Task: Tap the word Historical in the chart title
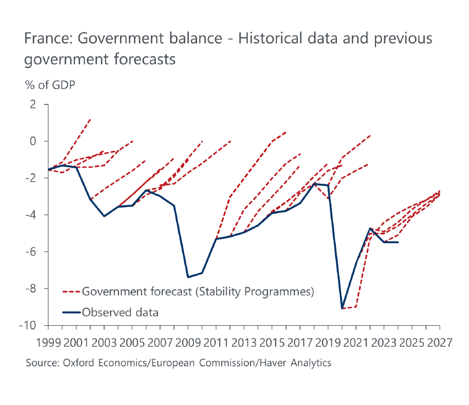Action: (x=270, y=39)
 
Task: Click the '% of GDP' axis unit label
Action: (x=50, y=85)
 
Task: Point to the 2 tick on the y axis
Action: (x=32, y=105)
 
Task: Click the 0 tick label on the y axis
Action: (x=32, y=141)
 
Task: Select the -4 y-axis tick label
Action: (x=30, y=215)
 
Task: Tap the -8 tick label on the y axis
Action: (x=30, y=288)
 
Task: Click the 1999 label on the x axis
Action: (x=48, y=342)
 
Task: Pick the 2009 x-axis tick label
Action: (x=188, y=342)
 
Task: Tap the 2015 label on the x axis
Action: (x=272, y=342)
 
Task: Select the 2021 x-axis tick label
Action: (x=356, y=342)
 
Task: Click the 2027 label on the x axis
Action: (x=440, y=342)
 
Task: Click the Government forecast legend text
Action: (x=198, y=292)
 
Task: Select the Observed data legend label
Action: (x=120, y=313)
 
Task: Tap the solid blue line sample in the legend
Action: (x=72, y=313)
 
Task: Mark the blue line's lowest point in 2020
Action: (x=342, y=308)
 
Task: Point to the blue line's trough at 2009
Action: (x=188, y=277)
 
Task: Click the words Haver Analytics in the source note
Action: (x=296, y=363)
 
